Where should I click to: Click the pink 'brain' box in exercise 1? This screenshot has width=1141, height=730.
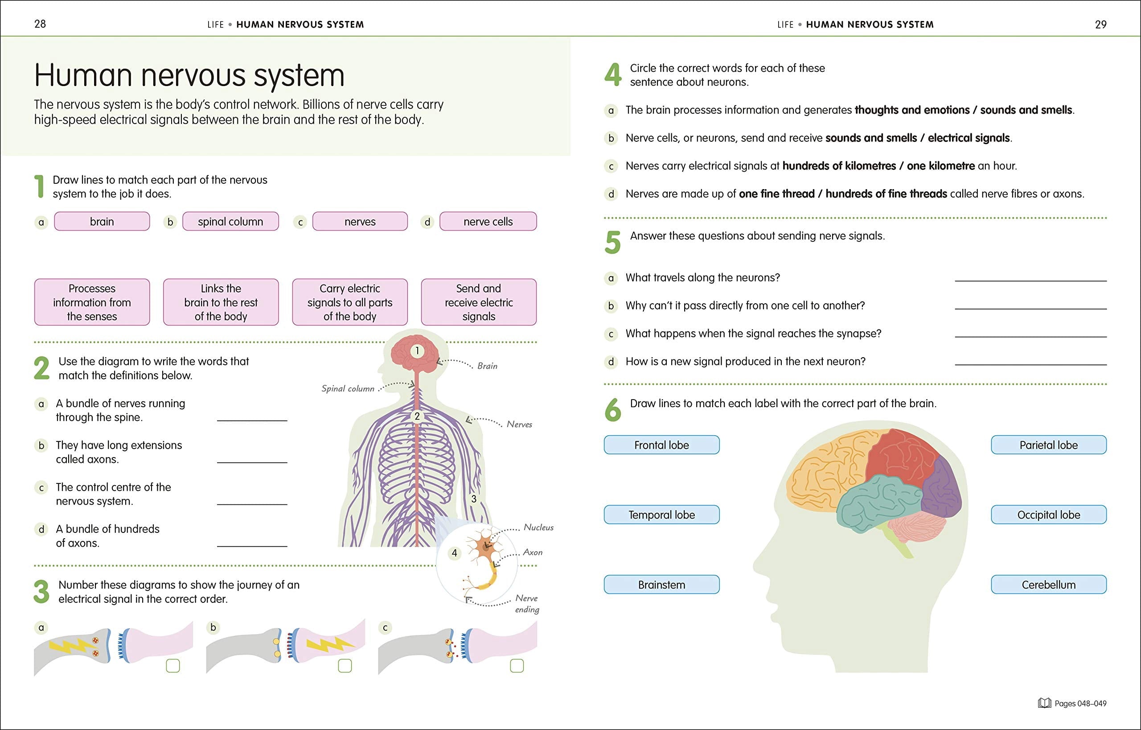coord(102,221)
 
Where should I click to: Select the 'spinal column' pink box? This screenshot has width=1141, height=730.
coord(230,221)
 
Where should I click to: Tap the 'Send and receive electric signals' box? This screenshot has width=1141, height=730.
coord(479,302)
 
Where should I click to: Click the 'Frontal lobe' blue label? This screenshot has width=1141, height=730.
coord(661,445)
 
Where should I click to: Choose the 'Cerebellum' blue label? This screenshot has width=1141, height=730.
coord(1049,585)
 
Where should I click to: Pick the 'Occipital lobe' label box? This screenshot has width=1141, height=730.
coord(1049,514)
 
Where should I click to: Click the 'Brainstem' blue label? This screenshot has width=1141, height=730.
coord(661,585)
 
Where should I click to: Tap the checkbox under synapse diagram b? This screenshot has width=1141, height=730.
coord(345,665)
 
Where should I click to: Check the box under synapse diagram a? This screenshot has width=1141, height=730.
coord(173,665)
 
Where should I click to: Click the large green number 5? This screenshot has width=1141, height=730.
coord(612,242)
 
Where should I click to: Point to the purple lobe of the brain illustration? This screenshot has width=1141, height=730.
coord(943,488)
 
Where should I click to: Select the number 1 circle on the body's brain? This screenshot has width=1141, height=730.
coord(417,351)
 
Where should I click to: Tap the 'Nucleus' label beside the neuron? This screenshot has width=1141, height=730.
coord(538,527)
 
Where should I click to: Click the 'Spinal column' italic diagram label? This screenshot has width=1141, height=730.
coord(348,389)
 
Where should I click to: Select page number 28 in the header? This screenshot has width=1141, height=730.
coord(40,24)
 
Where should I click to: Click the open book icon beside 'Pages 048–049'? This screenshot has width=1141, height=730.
coord(1044,703)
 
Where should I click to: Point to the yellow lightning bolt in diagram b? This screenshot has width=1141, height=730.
coord(331,645)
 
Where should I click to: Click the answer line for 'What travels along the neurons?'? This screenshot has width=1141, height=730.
coord(1030,281)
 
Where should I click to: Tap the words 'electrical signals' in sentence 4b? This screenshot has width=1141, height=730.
coord(969,138)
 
